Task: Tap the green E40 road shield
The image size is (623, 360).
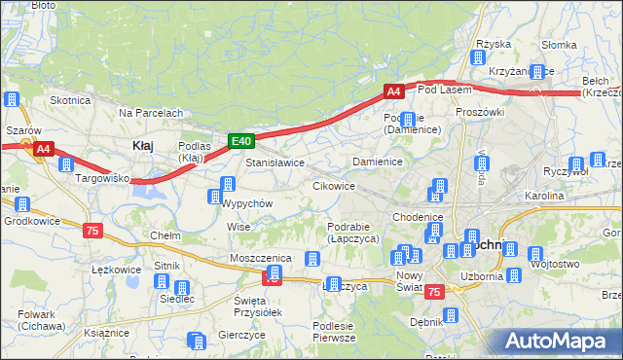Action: point(241,141)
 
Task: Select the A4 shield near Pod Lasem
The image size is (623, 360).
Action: point(393,91)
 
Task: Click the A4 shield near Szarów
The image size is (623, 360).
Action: point(43,149)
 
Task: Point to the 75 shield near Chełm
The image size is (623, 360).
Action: point(92,231)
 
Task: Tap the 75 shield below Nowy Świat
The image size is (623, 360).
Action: point(435,292)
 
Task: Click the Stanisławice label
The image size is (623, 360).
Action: point(275,163)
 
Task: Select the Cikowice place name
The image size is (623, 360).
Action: point(333,185)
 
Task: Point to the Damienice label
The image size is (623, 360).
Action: point(378,162)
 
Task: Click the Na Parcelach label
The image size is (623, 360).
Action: point(151,113)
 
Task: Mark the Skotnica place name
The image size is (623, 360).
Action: point(70,100)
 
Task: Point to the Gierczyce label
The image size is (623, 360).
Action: point(242,334)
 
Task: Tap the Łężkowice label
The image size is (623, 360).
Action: point(110,269)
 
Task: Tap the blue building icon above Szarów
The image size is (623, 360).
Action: point(13,99)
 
